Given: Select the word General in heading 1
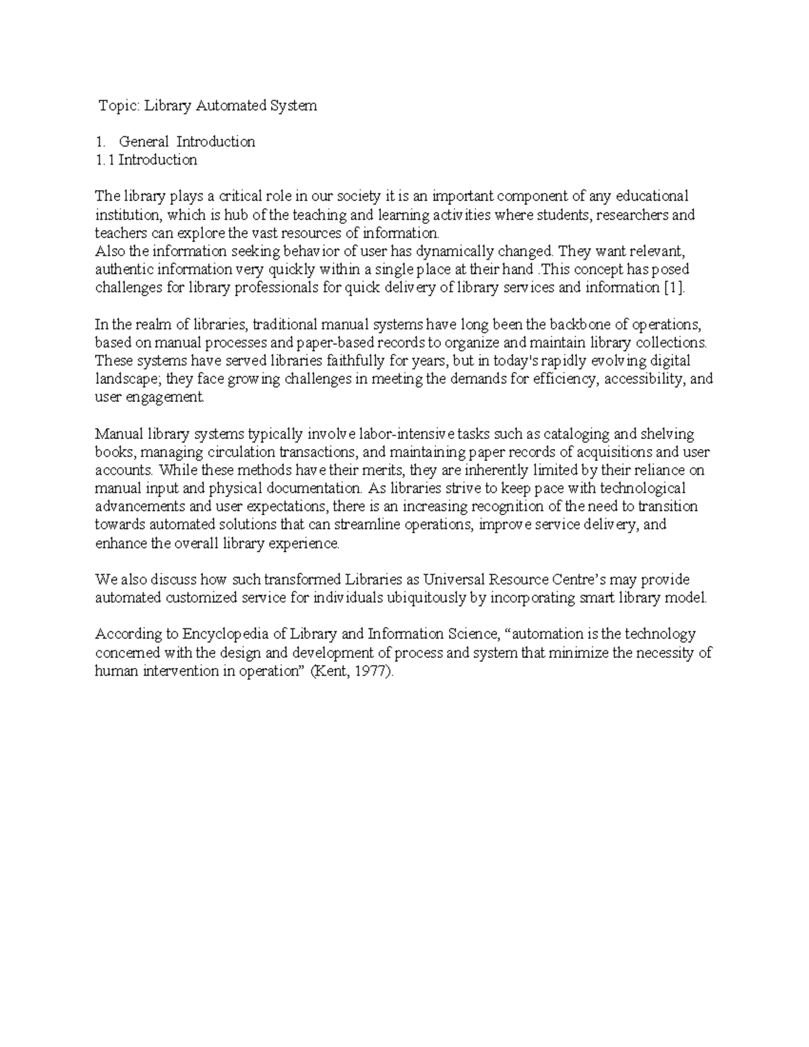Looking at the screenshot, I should (144, 142).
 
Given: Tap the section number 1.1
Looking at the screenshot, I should (105, 160).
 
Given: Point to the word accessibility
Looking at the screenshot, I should (643, 379).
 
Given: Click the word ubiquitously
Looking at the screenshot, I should (430, 598).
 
